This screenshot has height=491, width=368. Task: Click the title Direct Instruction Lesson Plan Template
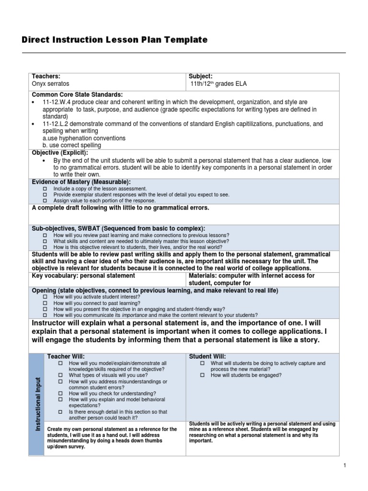click(115, 40)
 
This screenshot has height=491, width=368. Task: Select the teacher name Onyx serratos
click(50, 84)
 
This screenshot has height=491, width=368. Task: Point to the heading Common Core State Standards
click(77, 94)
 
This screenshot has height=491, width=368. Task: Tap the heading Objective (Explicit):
click(60, 152)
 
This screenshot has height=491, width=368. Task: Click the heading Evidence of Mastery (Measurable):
click(81, 182)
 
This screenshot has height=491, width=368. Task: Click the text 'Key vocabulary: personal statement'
click(83, 276)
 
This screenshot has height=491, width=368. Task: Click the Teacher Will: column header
click(65, 356)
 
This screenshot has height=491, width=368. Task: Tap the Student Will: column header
click(207, 356)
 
